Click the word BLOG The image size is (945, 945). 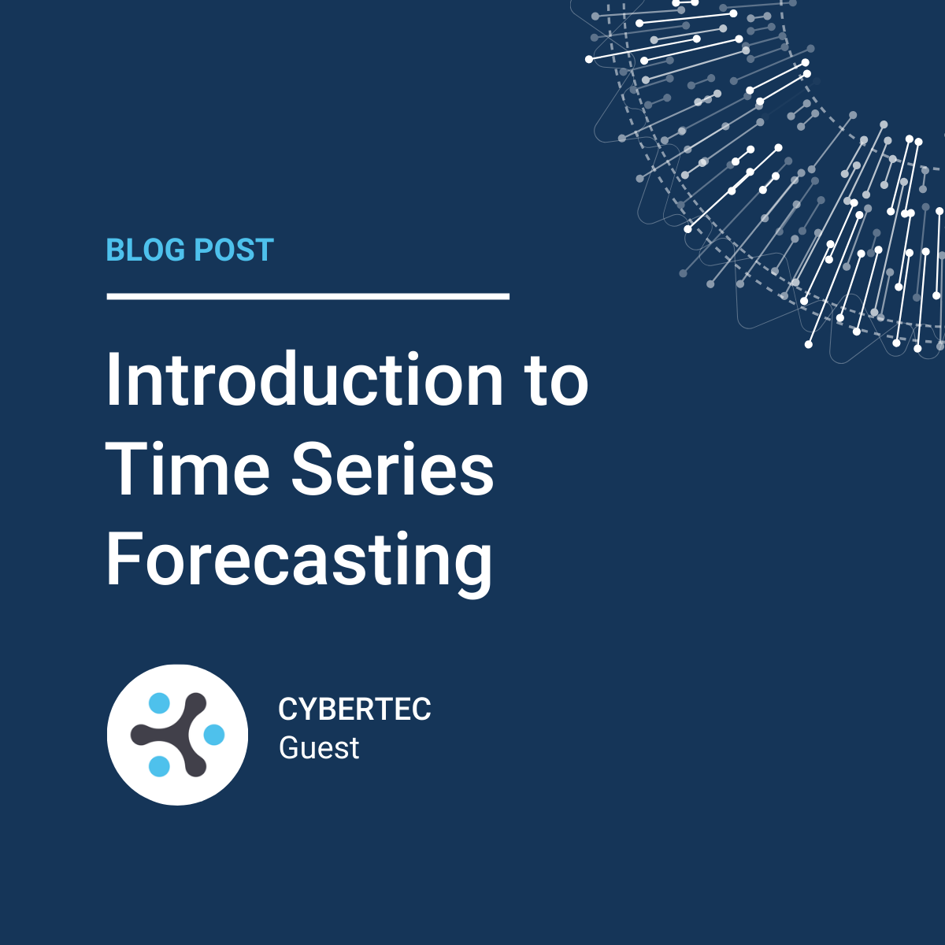click(x=146, y=250)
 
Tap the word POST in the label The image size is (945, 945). click(x=234, y=250)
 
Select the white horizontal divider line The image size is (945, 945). click(x=308, y=296)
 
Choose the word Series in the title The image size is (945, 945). click(x=393, y=469)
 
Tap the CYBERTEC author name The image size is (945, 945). click(x=354, y=709)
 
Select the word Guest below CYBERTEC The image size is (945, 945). click(x=319, y=747)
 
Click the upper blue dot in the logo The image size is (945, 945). click(x=159, y=702)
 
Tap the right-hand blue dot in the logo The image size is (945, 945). click(x=214, y=734)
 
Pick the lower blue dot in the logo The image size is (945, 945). click(x=159, y=766)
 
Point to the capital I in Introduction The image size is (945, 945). click(x=113, y=379)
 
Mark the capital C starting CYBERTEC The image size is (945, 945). click(x=287, y=709)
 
